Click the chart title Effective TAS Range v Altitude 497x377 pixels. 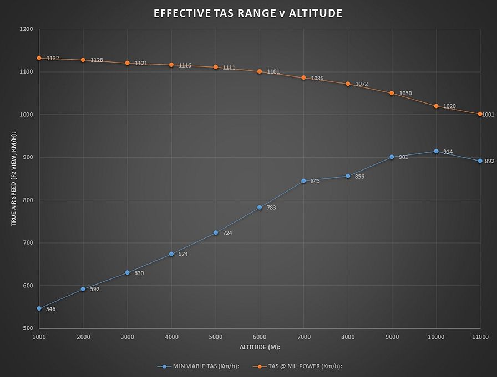(x=247, y=13)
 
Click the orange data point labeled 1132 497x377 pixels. (x=39, y=58)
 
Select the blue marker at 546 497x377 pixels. (x=39, y=308)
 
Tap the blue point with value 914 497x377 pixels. (x=436, y=151)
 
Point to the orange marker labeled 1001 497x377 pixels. (x=480, y=114)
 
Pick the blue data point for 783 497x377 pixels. (x=260, y=208)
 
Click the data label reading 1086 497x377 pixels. (x=317, y=79)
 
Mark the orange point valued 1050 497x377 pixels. (x=392, y=93)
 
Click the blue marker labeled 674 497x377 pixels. (x=171, y=254)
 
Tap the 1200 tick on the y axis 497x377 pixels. (x=26, y=29)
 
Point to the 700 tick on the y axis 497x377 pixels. (x=28, y=242)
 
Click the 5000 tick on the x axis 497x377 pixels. (x=215, y=337)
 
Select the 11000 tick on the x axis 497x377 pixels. (x=480, y=337)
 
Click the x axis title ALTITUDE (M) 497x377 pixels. (x=259, y=347)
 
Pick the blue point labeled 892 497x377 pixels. (x=480, y=161)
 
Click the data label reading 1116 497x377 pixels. (x=185, y=65)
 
